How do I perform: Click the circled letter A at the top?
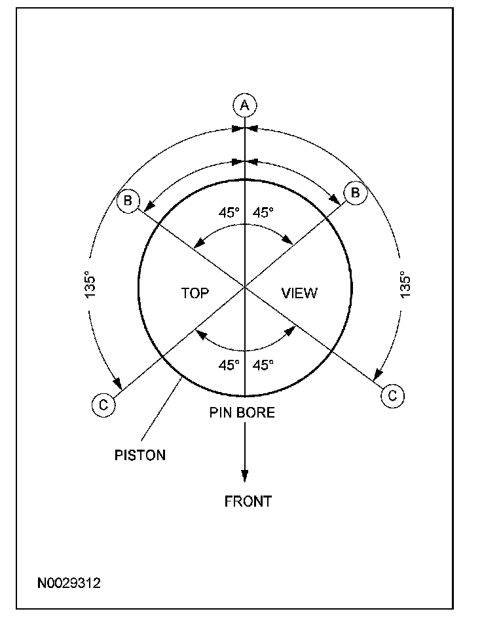[x=244, y=105]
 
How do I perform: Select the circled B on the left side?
[x=127, y=201]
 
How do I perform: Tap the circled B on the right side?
[x=356, y=193]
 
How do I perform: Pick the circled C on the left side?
[x=103, y=405]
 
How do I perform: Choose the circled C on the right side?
[x=392, y=395]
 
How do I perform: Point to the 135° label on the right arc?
[x=405, y=285]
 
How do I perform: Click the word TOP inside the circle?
[x=195, y=293]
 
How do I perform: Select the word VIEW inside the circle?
[x=299, y=293]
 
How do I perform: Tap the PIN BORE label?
[x=242, y=413]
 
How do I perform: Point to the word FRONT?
[x=248, y=502]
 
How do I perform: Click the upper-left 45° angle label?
[x=229, y=212]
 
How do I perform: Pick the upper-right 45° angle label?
[x=263, y=212]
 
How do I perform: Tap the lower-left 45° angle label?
[x=229, y=365]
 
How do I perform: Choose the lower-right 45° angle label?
[x=263, y=365]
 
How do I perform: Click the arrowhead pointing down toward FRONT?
[x=244, y=477]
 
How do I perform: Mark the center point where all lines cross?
[x=244, y=287]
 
